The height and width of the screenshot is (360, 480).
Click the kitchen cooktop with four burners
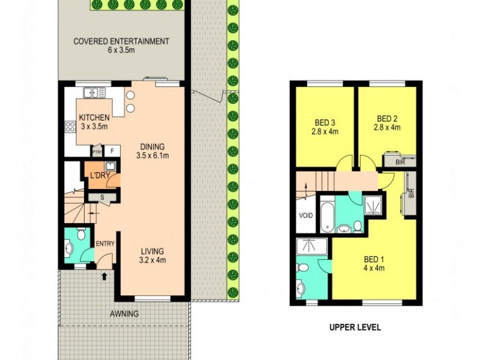tap(69, 127)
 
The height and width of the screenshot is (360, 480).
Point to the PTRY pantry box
tap(96, 151)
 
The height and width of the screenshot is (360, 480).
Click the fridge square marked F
tap(112, 151)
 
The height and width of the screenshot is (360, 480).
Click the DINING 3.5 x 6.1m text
tap(152, 151)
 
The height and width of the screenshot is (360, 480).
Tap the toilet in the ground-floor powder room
tap(68, 247)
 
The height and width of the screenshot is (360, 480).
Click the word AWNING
tap(124, 314)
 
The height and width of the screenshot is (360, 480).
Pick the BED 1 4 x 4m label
tap(373, 263)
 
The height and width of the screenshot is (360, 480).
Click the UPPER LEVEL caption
tap(355, 328)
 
